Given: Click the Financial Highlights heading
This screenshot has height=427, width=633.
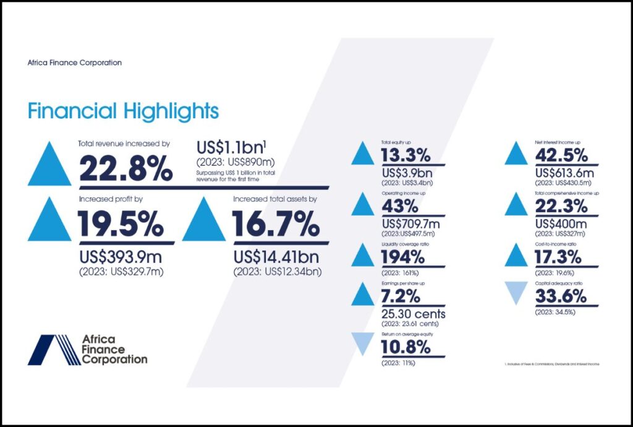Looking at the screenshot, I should (x=123, y=111).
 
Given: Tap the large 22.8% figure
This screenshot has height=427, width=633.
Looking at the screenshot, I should (x=125, y=168).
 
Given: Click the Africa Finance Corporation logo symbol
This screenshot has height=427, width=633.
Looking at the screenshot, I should (x=54, y=350).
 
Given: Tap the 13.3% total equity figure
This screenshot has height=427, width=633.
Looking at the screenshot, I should (x=406, y=155).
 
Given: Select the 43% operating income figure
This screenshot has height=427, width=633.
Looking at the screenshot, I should (x=401, y=206).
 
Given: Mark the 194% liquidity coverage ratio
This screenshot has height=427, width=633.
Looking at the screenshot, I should (x=406, y=257).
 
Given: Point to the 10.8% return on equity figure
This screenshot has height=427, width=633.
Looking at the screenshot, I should (x=406, y=347).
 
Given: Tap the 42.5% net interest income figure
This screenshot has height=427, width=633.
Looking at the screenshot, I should (x=561, y=155).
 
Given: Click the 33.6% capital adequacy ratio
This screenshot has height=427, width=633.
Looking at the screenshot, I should (x=561, y=296).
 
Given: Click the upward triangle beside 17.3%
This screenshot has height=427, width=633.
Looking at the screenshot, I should (x=516, y=255).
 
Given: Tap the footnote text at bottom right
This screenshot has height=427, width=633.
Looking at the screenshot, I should (x=552, y=364).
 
